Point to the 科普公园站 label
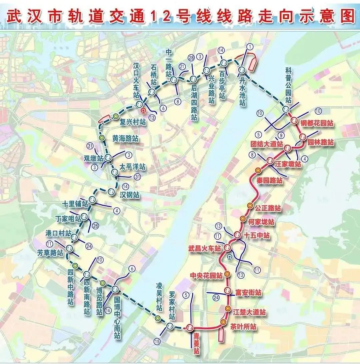point(288,85)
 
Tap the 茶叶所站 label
point(243,327)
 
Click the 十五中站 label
point(257,236)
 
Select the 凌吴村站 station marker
point(158,318)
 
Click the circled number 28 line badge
point(191,57)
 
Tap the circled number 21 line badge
point(182,66)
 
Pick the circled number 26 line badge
point(96,226)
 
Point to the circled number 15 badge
point(157,341)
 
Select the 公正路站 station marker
point(250,205)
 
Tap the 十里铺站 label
point(75,204)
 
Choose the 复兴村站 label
point(133,122)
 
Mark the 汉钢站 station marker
point(111,191)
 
